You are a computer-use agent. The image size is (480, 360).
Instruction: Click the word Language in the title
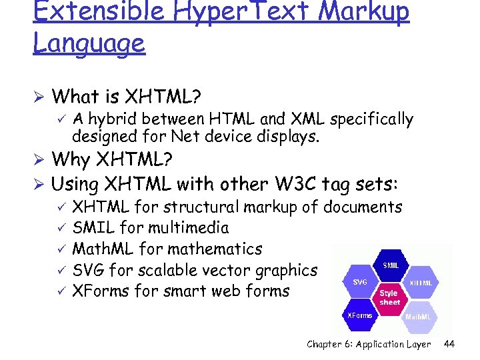coord(89,43)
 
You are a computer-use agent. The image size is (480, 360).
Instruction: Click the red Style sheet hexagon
coord(389,297)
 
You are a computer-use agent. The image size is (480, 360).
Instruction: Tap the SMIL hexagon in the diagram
coord(391,265)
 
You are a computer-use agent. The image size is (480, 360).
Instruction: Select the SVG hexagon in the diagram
coord(360,281)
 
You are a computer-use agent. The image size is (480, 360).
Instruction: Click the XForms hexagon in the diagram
coord(360,315)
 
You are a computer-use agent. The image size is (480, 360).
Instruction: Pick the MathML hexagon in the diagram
coord(420,316)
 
